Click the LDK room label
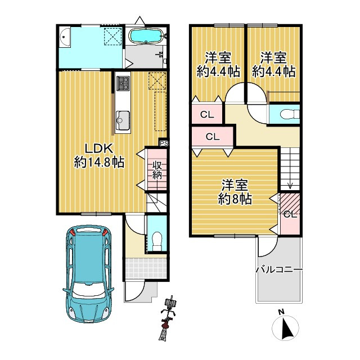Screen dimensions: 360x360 point(100,148)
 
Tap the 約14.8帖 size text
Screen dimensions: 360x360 point(100,162)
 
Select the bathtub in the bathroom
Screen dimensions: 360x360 point(145,36)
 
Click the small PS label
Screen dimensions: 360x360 point(164,143)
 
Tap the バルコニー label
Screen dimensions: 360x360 point(279,269)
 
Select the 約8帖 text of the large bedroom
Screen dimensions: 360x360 point(235,198)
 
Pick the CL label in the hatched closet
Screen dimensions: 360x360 point(290,214)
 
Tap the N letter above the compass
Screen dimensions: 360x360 point(280,313)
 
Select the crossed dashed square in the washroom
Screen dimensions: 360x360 point(112,37)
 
